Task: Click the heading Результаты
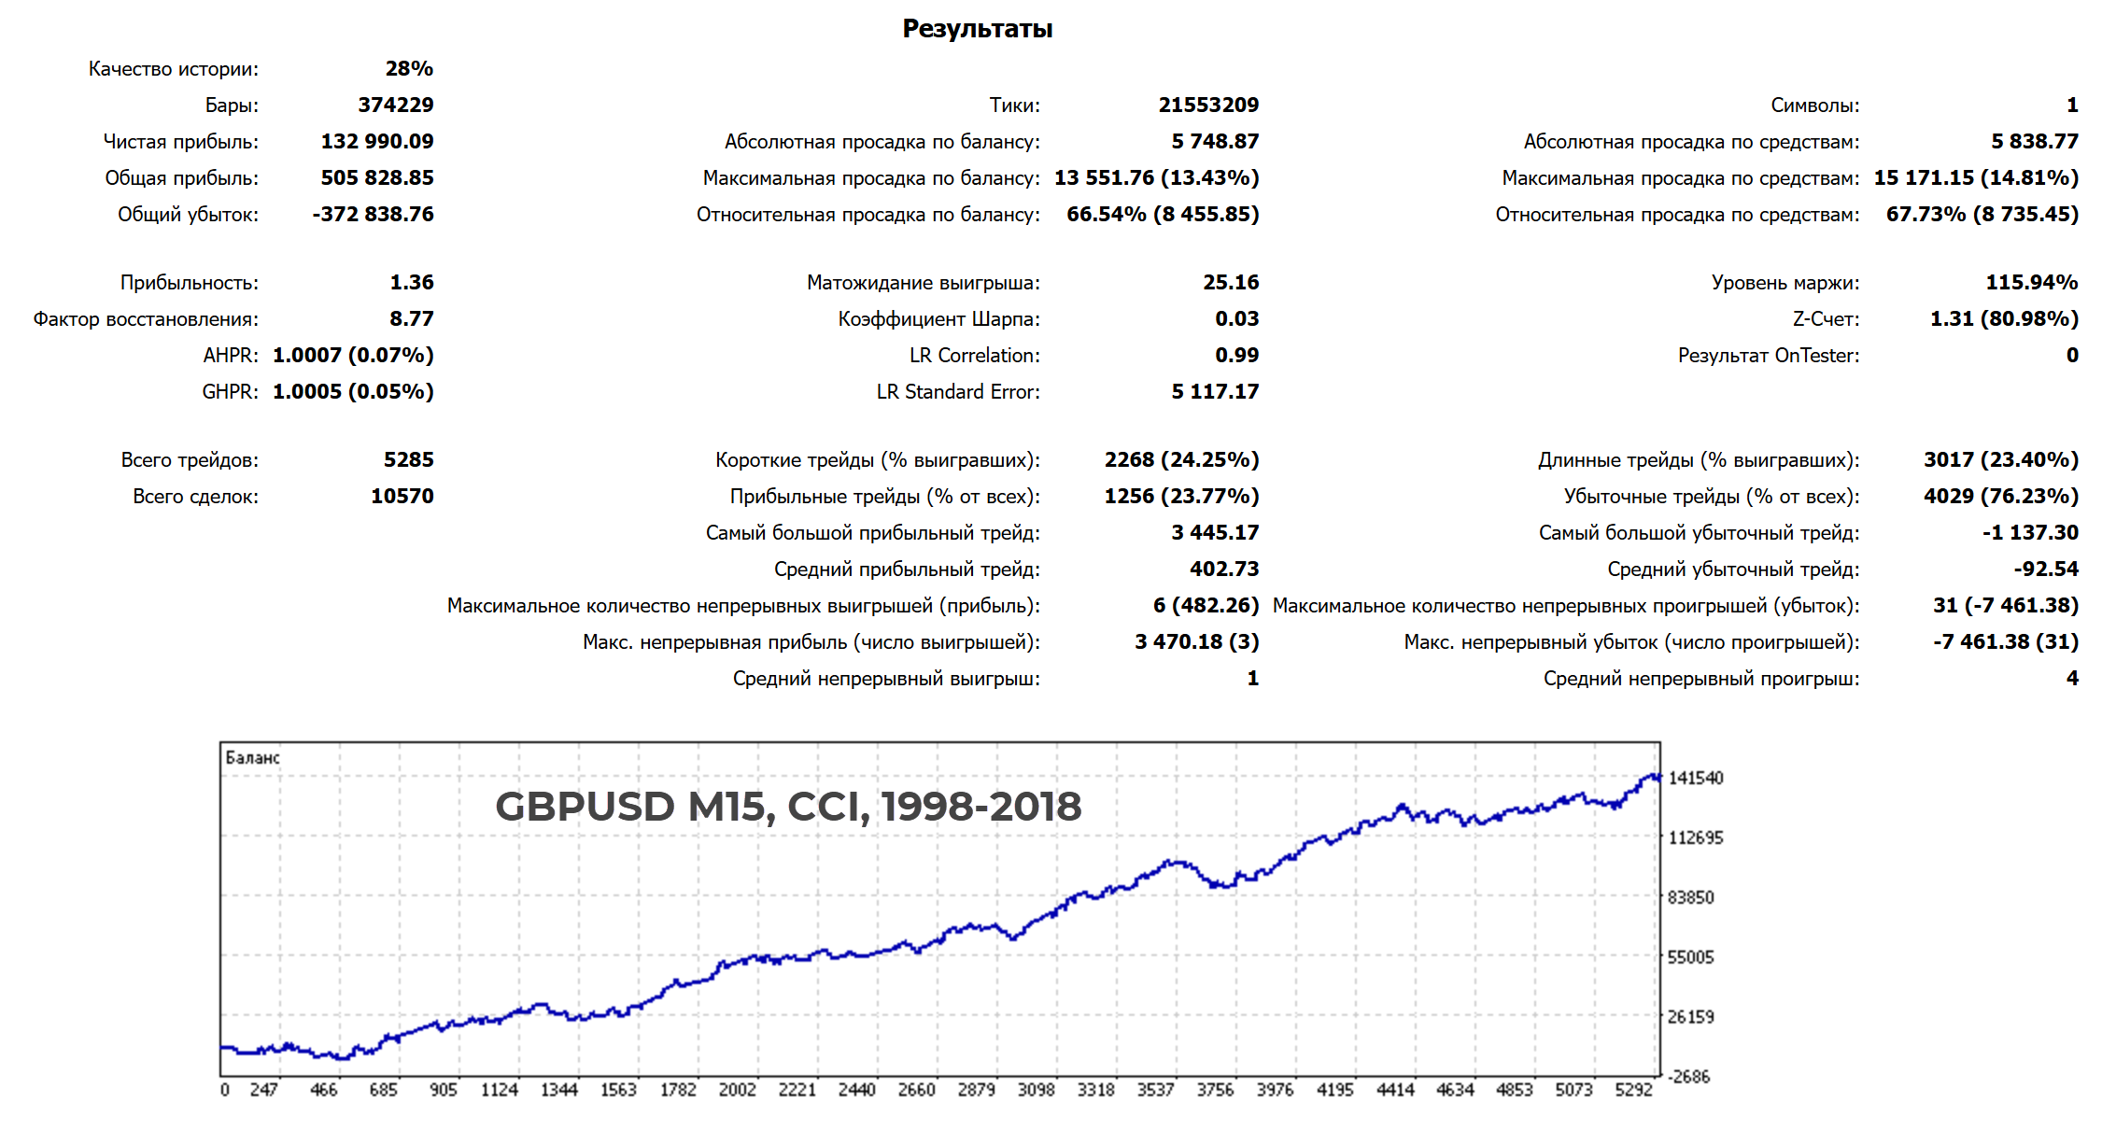tap(977, 29)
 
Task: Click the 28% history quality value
tap(409, 68)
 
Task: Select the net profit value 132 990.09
tap(377, 141)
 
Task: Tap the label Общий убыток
tap(188, 214)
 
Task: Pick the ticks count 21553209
tap(1208, 105)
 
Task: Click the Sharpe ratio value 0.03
tap(1236, 318)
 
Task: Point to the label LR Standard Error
tap(957, 391)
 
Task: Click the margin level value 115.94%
tap(2031, 282)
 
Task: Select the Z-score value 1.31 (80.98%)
tap(2004, 318)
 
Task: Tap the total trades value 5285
tap(408, 459)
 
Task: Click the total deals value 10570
tap(402, 496)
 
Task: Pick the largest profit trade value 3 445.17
tap(1215, 532)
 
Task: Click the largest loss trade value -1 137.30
tap(2030, 532)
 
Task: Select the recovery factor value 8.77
tap(411, 318)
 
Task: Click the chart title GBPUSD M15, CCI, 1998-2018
tap(788, 806)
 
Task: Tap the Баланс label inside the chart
tap(252, 757)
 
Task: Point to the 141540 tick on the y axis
tap(1695, 778)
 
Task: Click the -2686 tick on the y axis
tap(1689, 1076)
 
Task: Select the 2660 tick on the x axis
tap(916, 1090)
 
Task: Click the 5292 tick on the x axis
tap(1633, 1090)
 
